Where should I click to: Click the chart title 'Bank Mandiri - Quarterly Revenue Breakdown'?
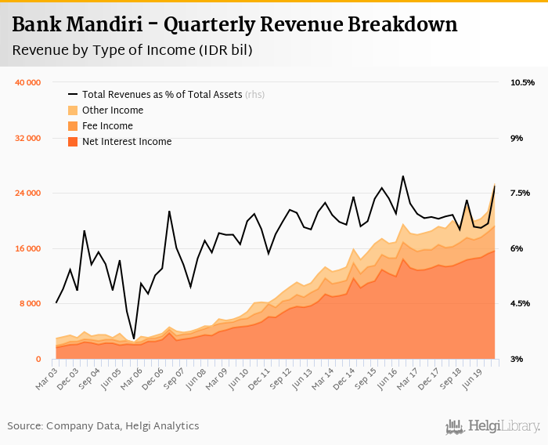point(235,24)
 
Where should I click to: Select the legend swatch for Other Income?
point(73,110)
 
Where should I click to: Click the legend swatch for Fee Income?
point(73,126)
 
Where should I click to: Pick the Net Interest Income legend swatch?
point(73,142)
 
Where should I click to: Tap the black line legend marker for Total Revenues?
point(73,95)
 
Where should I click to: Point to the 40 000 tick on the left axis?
point(28,82)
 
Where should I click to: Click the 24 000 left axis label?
point(28,194)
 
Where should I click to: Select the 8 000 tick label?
point(31,304)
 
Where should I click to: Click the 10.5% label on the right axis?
point(522,82)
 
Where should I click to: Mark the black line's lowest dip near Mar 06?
point(134,338)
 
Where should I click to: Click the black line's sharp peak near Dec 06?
point(169,212)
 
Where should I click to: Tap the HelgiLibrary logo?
point(493,426)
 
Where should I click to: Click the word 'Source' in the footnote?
point(24,426)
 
